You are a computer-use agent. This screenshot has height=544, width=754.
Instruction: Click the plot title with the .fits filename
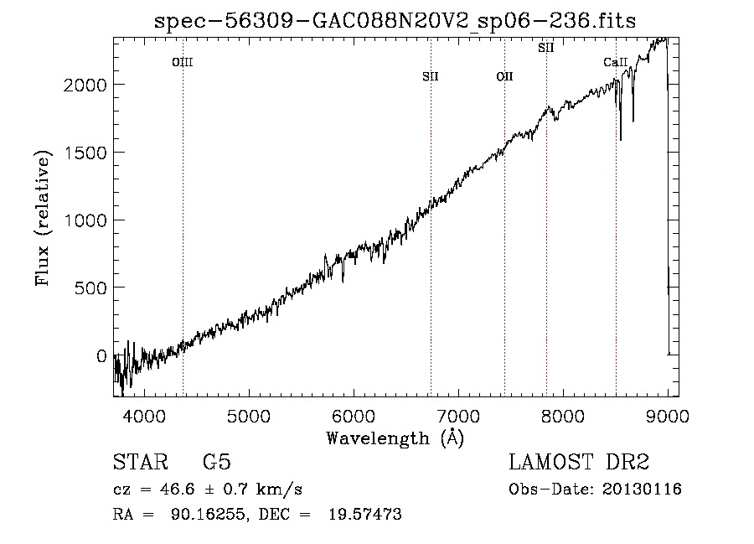[x=395, y=21]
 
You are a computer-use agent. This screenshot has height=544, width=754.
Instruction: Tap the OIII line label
[x=183, y=62]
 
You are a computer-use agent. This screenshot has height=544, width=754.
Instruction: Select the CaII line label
[x=616, y=62]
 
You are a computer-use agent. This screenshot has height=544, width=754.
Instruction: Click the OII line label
[x=505, y=76]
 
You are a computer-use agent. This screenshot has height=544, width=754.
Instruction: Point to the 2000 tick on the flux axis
[x=85, y=85]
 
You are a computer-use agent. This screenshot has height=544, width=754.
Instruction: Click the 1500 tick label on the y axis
[x=85, y=153]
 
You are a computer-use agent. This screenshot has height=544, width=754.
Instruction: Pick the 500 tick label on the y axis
[x=90, y=288]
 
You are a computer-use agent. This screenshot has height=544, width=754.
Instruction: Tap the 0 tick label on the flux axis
[x=101, y=356]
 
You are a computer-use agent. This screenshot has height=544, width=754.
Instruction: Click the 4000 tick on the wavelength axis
[x=144, y=416]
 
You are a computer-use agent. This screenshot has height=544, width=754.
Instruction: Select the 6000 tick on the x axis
[x=354, y=416]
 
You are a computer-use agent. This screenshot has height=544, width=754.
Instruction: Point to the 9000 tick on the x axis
[x=668, y=416]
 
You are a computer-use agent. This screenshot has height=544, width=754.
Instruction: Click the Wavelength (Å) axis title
[x=395, y=438]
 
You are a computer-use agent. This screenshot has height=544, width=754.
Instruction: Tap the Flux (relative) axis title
[x=43, y=218]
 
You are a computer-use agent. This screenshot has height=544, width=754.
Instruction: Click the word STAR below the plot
[x=141, y=462]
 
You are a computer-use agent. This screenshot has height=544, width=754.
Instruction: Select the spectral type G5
[x=217, y=462]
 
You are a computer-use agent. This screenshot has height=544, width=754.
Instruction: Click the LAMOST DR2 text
[x=579, y=462]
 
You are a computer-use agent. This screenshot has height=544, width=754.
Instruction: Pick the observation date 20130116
[x=642, y=490]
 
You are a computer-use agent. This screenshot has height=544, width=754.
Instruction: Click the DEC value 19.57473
[x=365, y=514]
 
